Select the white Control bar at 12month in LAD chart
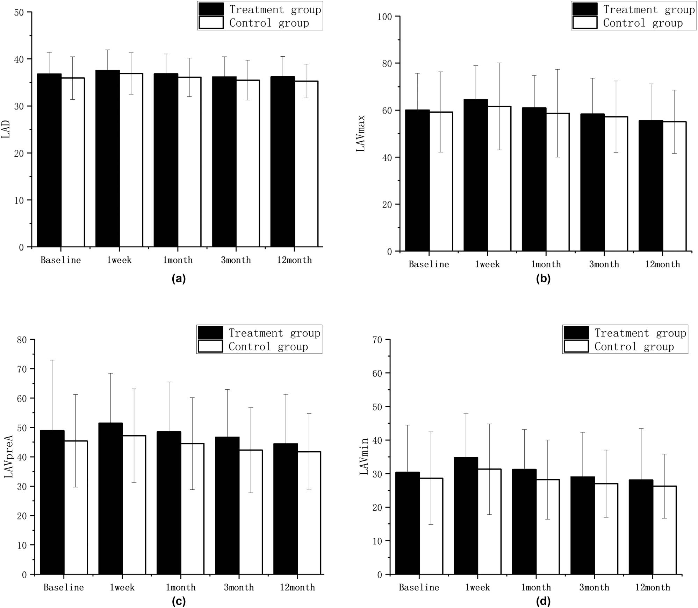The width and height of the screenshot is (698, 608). click(x=306, y=164)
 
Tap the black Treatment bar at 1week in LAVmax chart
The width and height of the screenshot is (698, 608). click(x=476, y=175)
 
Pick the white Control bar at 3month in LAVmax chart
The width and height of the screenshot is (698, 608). click(x=616, y=184)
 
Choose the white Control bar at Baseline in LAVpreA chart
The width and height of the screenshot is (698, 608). click(x=76, y=507)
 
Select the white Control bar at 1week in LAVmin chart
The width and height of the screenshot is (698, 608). click(x=489, y=522)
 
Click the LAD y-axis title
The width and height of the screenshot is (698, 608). click(x=6, y=129)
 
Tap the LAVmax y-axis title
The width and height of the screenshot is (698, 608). click(x=361, y=133)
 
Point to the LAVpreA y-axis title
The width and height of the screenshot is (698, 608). click(x=9, y=457)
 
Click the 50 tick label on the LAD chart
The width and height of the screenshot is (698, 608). click(x=19, y=13)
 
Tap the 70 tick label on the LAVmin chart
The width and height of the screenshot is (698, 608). click(x=377, y=340)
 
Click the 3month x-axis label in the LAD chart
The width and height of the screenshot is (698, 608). click(x=236, y=260)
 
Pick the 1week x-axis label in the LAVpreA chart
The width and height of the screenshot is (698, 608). click(x=122, y=587)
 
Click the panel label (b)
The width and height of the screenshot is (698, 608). click(x=543, y=279)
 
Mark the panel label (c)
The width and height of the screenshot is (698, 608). click(x=179, y=601)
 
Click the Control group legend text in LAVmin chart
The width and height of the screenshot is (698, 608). click(x=634, y=347)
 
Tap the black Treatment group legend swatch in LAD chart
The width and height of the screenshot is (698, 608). click(x=211, y=9)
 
